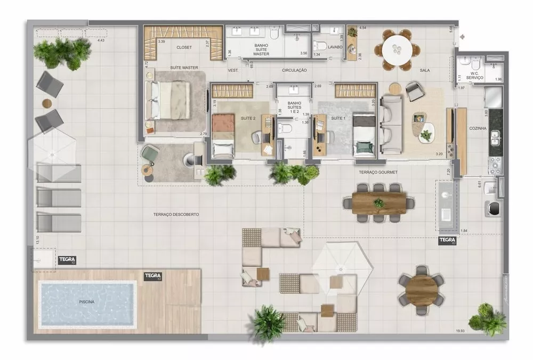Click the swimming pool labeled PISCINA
[87, 303]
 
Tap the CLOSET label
[184, 47]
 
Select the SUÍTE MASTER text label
[184, 68]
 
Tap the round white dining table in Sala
[397, 49]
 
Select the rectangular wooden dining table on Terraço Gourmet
[379, 203]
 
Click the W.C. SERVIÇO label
[474, 76]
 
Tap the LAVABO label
[335, 47]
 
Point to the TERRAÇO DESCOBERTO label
[176, 214]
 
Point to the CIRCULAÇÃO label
[295, 70]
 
